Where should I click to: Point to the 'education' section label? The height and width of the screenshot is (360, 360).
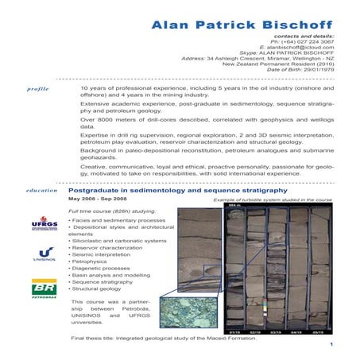point(41,191)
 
